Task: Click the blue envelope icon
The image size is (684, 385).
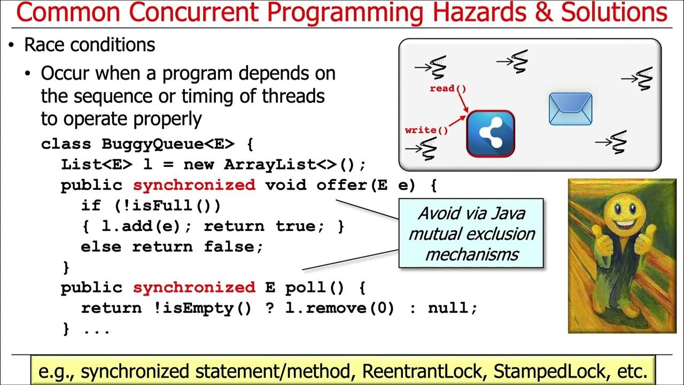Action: point(571,109)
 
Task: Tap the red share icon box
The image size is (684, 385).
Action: point(491,134)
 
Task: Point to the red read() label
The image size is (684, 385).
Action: point(448,88)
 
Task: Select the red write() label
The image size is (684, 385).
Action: point(426,130)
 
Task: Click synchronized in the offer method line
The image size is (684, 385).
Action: point(194,185)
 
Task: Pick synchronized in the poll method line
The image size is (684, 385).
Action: point(194,288)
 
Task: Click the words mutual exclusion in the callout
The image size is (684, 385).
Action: point(471,234)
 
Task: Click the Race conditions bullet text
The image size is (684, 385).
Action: point(90,45)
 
